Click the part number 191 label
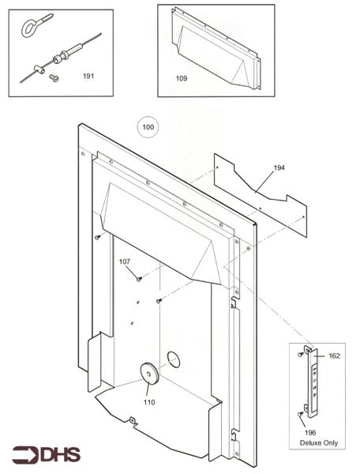pos(88,77)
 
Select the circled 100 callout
pos(147,126)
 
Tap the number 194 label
pos(279,168)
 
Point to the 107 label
pos(125,261)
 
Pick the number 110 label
pos(149,402)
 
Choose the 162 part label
pos(334,356)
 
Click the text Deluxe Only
pos(318,442)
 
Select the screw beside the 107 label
pos(139,277)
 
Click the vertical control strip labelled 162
pos(318,382)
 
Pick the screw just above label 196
pos(301,413)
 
